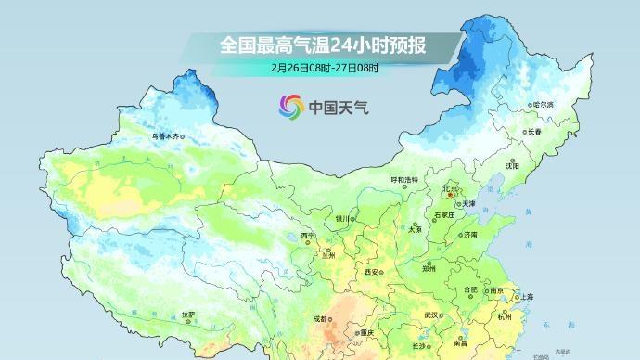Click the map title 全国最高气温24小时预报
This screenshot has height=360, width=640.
[320, 44]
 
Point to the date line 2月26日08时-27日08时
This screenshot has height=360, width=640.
[320, 68]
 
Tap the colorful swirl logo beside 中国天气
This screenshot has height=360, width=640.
[290, 107]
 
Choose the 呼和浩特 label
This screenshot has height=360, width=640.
[403, 178]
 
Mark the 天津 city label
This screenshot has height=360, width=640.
[469, 203]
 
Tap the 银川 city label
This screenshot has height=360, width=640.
[342, 219]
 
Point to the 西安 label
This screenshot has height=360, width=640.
[372, 272]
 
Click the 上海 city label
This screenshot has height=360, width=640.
[527, 297]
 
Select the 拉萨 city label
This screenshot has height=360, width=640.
[188, 315]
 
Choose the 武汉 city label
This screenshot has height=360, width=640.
[431, 315]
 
